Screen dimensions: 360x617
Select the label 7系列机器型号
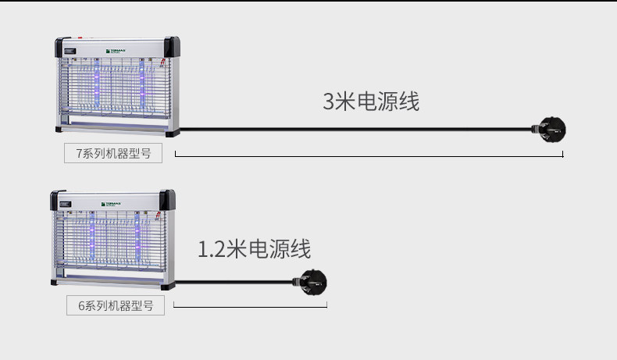113,153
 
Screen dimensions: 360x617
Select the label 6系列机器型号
116,305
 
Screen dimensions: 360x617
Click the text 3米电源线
371,102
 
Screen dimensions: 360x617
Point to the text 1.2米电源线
254,249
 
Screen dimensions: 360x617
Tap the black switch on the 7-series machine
70,54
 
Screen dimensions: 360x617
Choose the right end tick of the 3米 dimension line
562,155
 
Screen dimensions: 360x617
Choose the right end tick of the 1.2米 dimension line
326,304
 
